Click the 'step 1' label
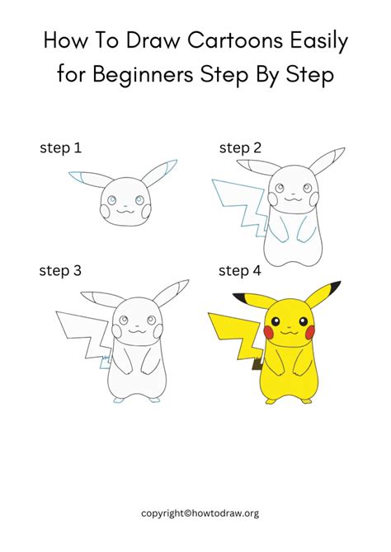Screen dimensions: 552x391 60,148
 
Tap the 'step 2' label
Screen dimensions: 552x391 239,148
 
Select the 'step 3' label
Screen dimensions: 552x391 60,270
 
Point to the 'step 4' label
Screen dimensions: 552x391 239,270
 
